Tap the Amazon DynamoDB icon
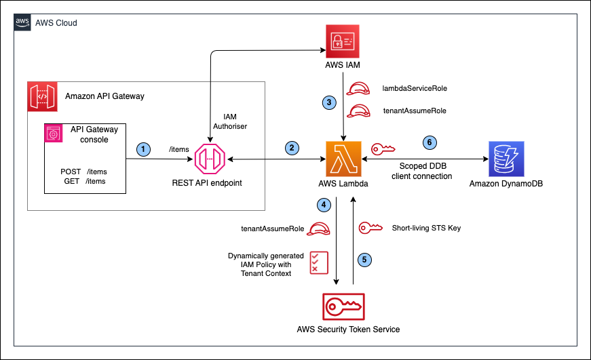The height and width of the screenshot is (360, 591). pos(507,160)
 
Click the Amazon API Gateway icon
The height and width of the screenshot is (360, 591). pos(43,97)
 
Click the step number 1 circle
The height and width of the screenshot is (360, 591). pos(144,148)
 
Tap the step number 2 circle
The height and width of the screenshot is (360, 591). pos(292,148)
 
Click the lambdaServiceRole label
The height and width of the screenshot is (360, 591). pos(415,89)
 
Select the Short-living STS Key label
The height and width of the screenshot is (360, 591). pos(426,228)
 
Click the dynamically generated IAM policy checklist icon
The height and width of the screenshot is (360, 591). pos(316,262)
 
